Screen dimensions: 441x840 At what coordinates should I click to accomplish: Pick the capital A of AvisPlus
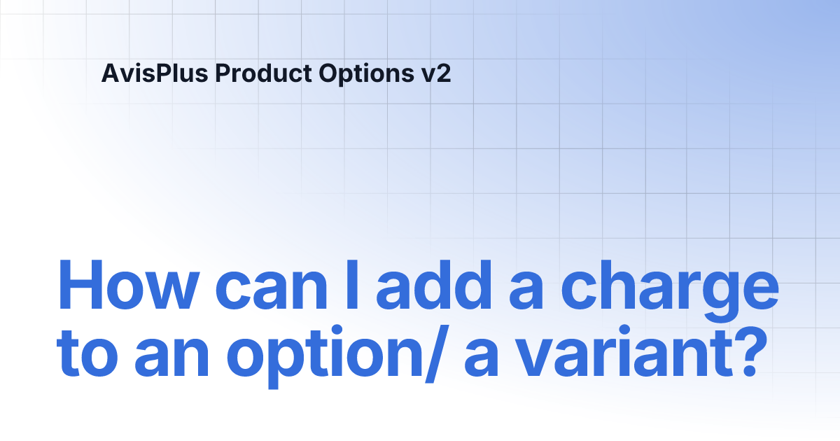pyautogui.click(x=110, y=73)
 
